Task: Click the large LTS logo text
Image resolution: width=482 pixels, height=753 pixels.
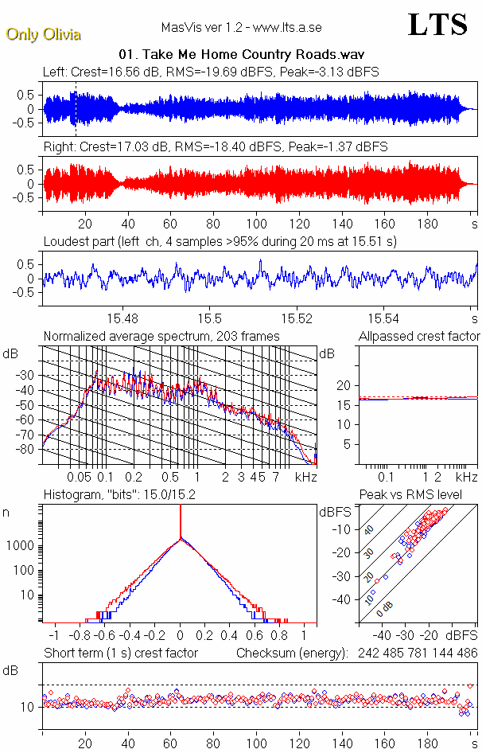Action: [x=437, y=25]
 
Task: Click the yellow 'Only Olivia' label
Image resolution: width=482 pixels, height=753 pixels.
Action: [x=43, y=34]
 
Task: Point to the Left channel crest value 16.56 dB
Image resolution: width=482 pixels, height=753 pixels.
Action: [x=118, y=72]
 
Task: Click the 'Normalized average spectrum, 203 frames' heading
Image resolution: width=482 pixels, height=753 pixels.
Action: [x=161, y=336]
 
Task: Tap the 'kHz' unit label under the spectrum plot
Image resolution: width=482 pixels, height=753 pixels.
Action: [x=305, y=477]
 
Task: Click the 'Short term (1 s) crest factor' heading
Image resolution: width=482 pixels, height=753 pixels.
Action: [x=121, y=654]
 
